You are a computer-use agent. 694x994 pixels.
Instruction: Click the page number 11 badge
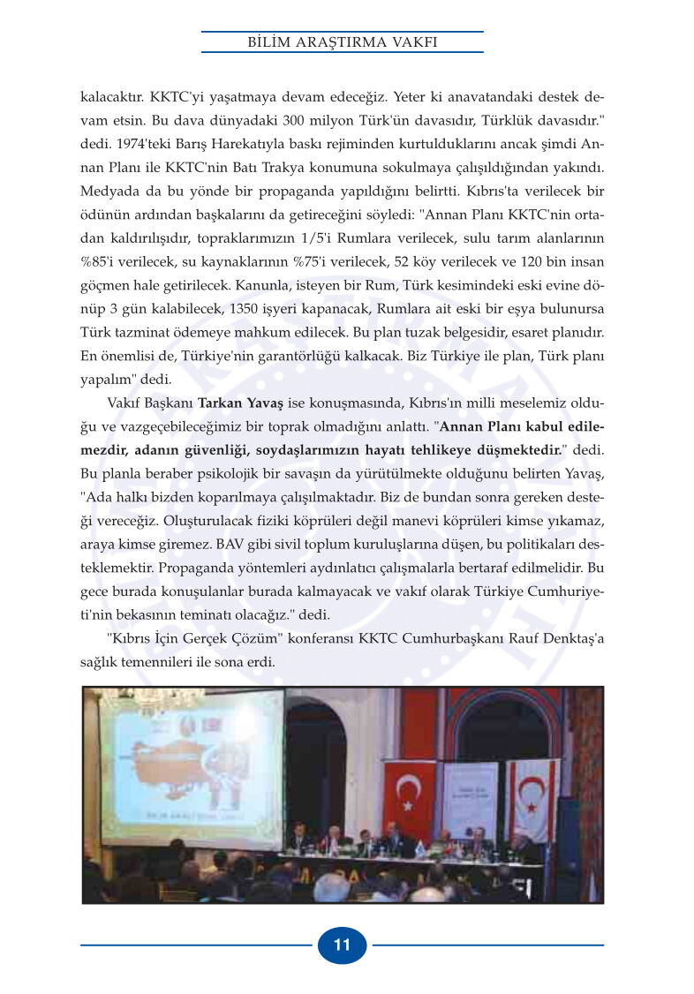pyautogui.click(x=342, y=945)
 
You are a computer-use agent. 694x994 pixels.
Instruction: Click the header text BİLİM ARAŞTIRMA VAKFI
pyautogui.click(x=342, y=41)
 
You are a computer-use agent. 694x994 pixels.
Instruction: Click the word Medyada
pyautogui.click(x=109, y=191)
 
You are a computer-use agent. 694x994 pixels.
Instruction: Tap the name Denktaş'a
pyautogui.click(x=569, y=638)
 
